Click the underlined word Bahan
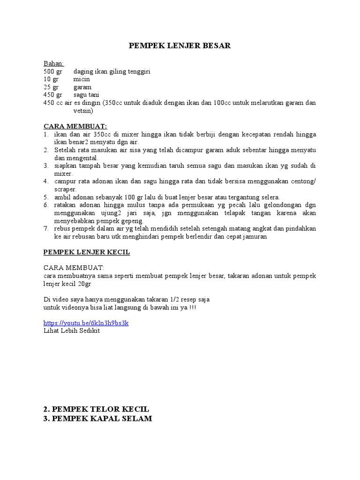(54, 63)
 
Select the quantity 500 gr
(52, 71)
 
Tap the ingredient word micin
(82, 79)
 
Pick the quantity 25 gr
(51, 87)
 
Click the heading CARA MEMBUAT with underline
(75, 126)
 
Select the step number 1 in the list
(46, 134)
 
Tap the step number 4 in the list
(46, 181)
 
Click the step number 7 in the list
(46, 229)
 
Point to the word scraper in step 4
(65, 189)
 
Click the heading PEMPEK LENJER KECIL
(87, 252)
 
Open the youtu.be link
(86, 323)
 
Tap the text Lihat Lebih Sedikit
(72, 331)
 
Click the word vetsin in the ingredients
(83, 111)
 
